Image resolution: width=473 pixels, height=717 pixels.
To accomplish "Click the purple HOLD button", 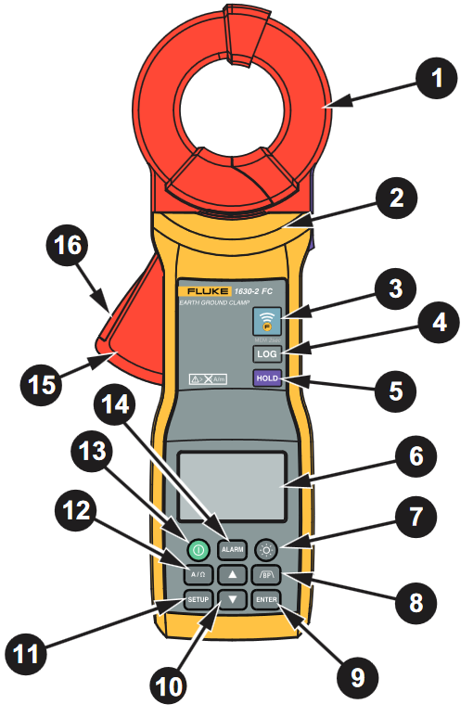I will (267, 379).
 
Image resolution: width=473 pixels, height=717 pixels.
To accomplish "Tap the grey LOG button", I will (267, 354).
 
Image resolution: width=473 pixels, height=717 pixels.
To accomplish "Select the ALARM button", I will (232, 550).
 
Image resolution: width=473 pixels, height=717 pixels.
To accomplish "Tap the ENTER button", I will (267, 599).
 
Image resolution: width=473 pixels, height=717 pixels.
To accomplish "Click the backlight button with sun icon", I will (267, 550).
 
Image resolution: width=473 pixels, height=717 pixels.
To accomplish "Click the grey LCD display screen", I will (232, 485).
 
